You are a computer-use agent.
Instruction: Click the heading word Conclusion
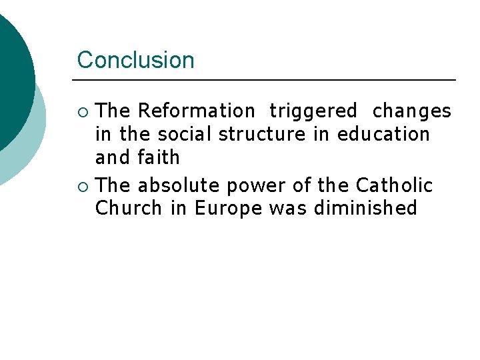tap(135, 60)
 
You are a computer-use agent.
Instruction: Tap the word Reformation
tap(196, 111)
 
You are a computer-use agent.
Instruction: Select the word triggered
tap(313, 111)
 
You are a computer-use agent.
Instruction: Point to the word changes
tap(411, 111)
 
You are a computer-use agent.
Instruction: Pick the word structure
tap(263, 134)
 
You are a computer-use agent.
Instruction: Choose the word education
tap(383, 134)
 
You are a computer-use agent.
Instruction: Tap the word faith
tap(159, 157)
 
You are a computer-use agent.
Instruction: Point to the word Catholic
tap(394, 185)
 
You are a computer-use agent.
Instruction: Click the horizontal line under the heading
tap(267, 80)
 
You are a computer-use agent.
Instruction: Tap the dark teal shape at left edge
tap(13, 80)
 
